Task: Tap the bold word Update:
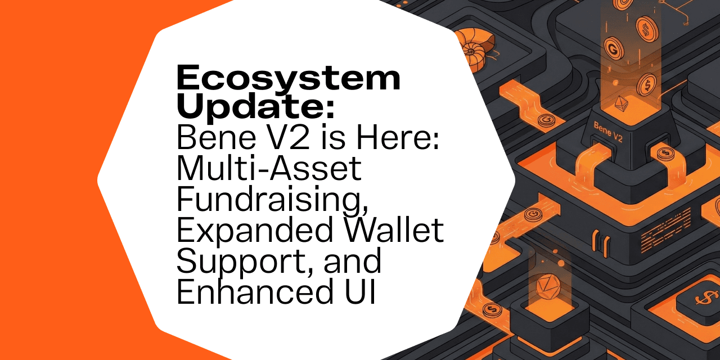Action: coord(256,106)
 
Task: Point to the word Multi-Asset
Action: coord(269,168)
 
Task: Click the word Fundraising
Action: coord(272,200)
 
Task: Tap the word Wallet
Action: coord(391,230)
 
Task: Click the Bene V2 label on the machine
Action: coord(608,132)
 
